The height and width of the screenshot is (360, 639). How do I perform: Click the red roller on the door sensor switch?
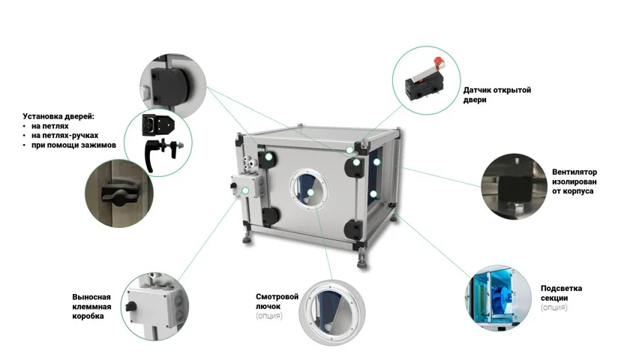[439, 63]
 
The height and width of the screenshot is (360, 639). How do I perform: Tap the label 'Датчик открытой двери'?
[496, 94]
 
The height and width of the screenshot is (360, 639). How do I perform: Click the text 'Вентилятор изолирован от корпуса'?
[574, 181]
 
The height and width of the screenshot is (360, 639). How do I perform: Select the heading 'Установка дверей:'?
[58, 116]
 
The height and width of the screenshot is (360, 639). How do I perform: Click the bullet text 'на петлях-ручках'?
[64, 135]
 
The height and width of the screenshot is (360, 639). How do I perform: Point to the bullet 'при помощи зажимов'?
[73, 145]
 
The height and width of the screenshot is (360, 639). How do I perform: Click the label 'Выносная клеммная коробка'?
[91, 307]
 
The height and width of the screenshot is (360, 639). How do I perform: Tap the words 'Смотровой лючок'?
[277, 301]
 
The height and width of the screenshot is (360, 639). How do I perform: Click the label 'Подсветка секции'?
[561, 293]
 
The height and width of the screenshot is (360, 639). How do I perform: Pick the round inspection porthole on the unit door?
[308, 189]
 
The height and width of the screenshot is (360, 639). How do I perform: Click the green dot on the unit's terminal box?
[245, 190]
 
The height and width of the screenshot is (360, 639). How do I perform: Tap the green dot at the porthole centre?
[310, 192]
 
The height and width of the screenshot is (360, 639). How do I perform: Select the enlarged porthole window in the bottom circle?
[331, 312]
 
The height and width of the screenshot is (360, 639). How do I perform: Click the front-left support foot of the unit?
[247, 238]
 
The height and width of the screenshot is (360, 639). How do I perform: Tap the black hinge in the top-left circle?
[167, 85]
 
